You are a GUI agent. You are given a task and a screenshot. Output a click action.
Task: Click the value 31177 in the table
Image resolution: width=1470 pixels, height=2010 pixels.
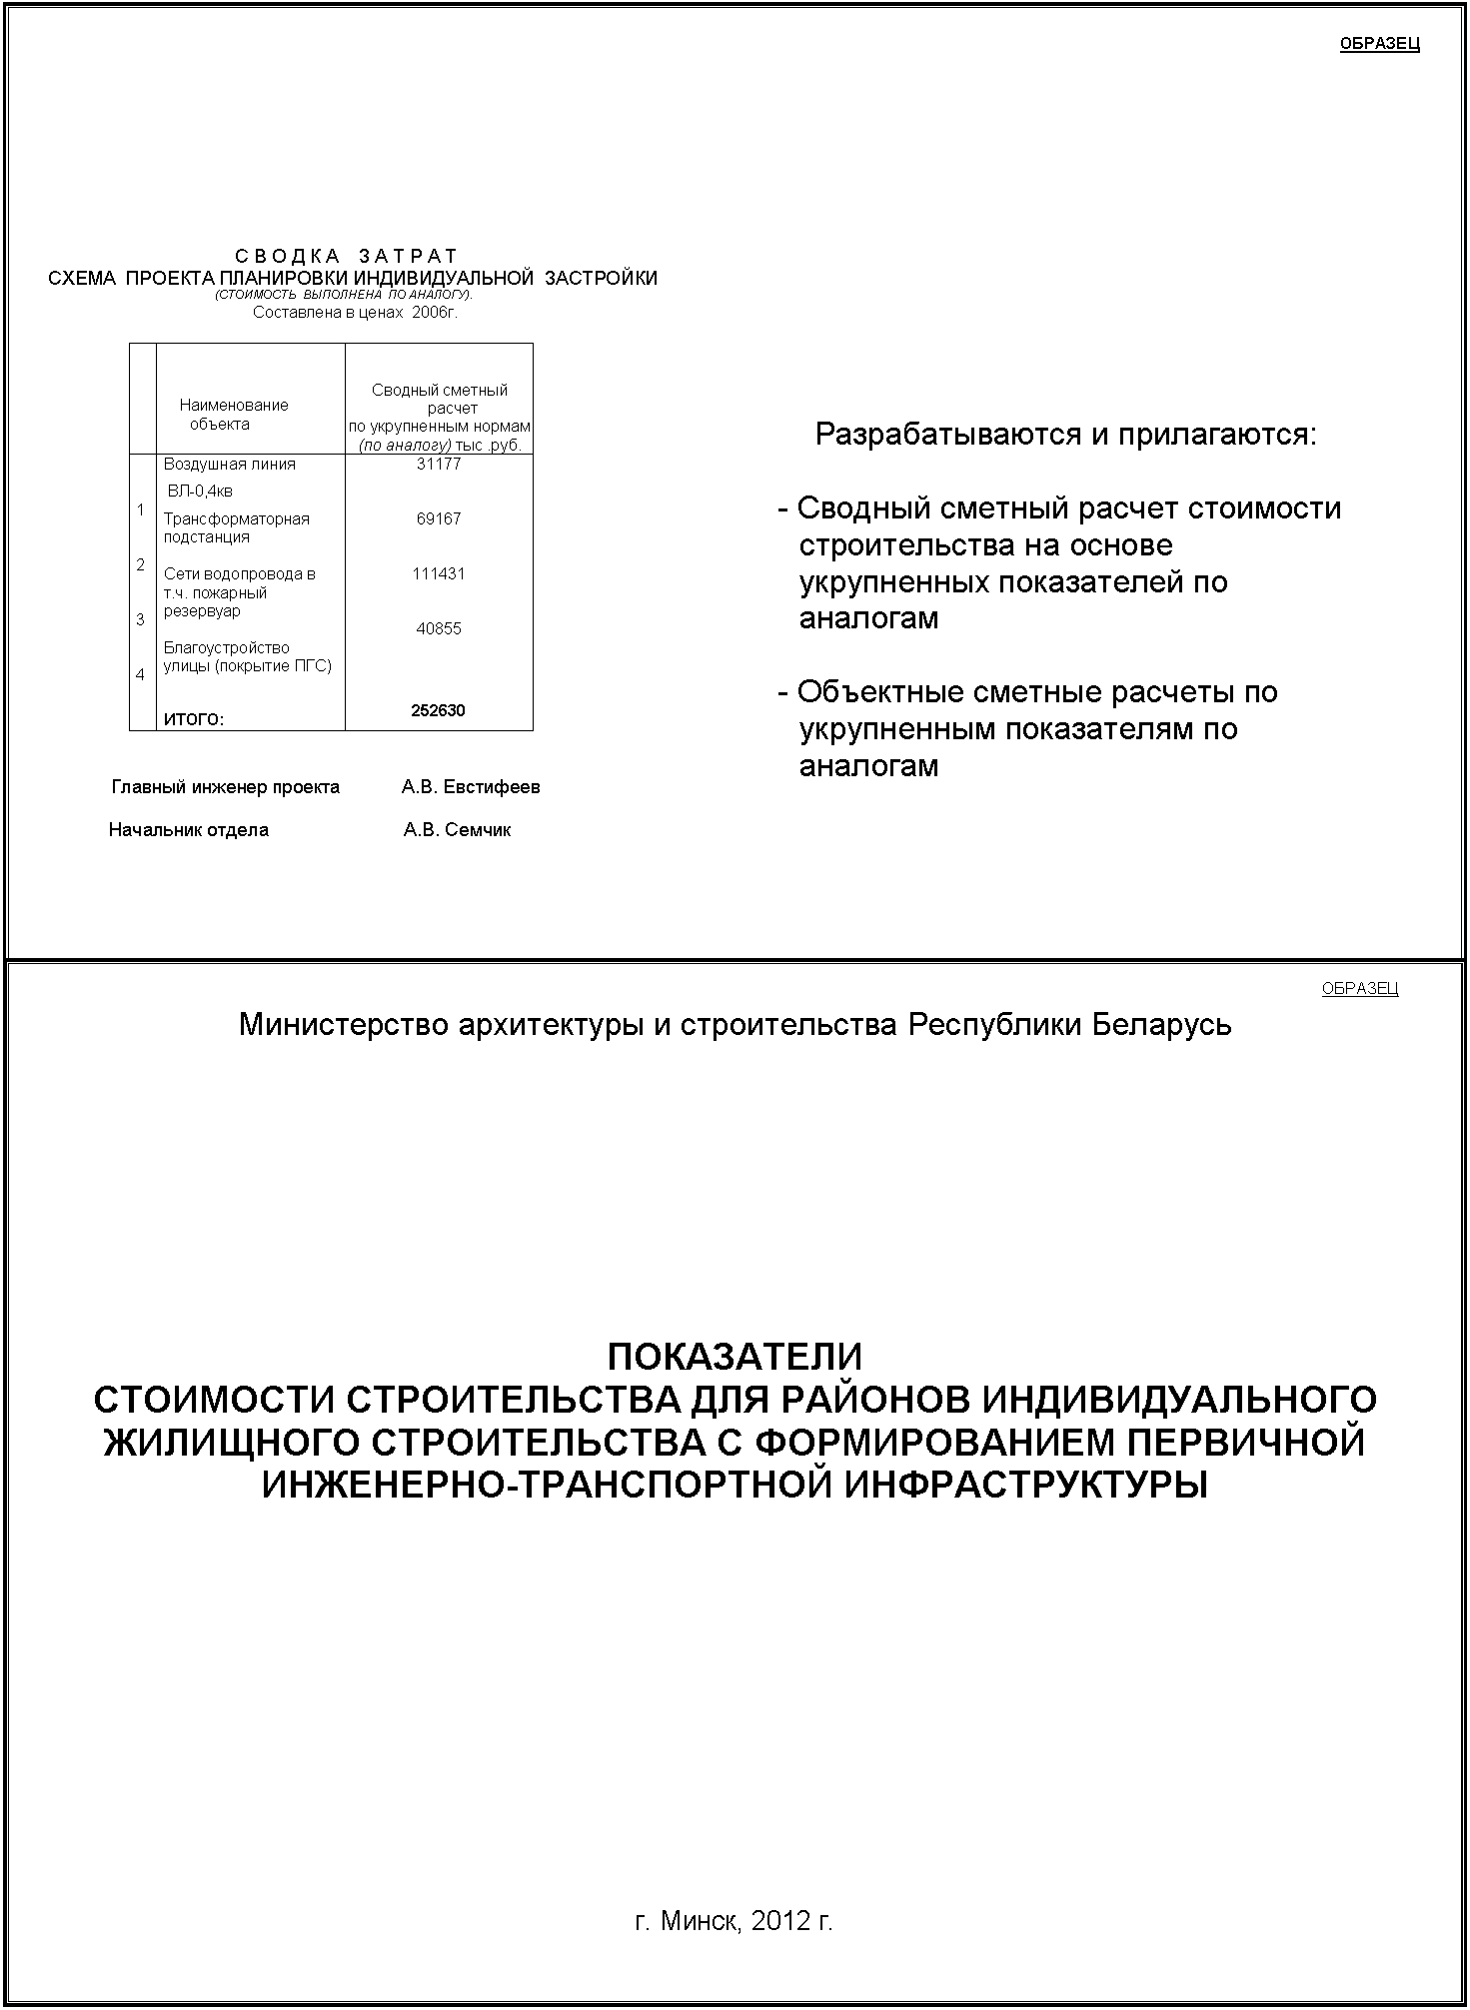pos(439,464)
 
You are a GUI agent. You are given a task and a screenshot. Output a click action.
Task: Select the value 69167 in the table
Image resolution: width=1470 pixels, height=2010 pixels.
pos(439,518)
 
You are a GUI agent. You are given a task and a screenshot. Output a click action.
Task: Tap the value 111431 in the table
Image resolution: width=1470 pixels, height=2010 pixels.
pos(439,573)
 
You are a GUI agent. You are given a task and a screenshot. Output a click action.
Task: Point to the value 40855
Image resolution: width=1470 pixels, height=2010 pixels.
pos(439,628)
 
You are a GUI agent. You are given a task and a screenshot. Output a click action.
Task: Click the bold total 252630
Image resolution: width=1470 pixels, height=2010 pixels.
pos(438,710)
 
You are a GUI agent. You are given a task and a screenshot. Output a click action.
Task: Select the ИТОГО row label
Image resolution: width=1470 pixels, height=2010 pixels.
pos(194,718)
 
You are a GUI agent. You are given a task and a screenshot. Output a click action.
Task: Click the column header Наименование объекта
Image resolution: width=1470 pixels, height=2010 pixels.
pos(233,414)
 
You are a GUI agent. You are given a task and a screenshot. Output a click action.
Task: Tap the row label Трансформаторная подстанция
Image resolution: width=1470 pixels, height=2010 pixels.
pos(236,527)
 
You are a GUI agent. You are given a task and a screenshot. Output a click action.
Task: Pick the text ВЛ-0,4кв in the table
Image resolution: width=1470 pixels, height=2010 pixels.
pos(200,491)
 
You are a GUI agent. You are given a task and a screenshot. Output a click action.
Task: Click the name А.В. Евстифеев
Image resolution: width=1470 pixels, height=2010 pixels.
pos(471,787)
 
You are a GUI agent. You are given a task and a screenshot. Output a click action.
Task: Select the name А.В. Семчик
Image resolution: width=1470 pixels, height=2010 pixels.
pos(457,830)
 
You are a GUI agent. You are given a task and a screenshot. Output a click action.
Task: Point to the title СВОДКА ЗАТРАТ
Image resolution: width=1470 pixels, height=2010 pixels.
pos(346,258)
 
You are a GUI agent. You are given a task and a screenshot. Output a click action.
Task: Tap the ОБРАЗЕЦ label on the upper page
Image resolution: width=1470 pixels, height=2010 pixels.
pos(1379,44)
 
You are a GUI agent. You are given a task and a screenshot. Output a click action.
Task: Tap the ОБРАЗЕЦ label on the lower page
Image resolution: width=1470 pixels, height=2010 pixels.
pos(1359,988)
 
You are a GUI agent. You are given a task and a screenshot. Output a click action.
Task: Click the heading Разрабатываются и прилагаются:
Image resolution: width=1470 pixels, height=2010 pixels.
pos(1066,435)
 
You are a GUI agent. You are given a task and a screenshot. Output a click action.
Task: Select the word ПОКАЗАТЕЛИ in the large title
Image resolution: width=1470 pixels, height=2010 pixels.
pos(735,1357)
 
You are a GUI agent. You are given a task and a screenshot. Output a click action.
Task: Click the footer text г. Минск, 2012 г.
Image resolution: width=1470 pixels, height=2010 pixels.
pos(734,1920)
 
